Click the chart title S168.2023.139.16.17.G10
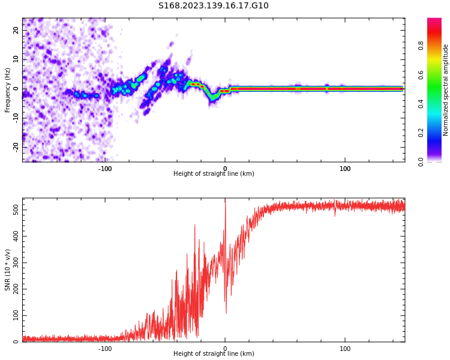click(x=213, y=6)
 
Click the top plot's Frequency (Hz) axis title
click(x=8, y=90)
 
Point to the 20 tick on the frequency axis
click(x=16, y=30)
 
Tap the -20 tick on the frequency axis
click(x=16, y=146)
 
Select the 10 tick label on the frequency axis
click(x=16, y=59)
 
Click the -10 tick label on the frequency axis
click(x=16, y=117)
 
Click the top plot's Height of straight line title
click(x=214, y=174)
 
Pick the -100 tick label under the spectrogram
click(x=105, y=169)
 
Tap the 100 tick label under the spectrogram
click(x=345, y=169)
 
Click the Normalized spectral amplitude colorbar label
click(x=446, y=90)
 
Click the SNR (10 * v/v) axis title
click(x=8, y=270)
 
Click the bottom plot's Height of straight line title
click(x=214, y=354)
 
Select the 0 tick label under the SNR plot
click(x=225, y=349)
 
